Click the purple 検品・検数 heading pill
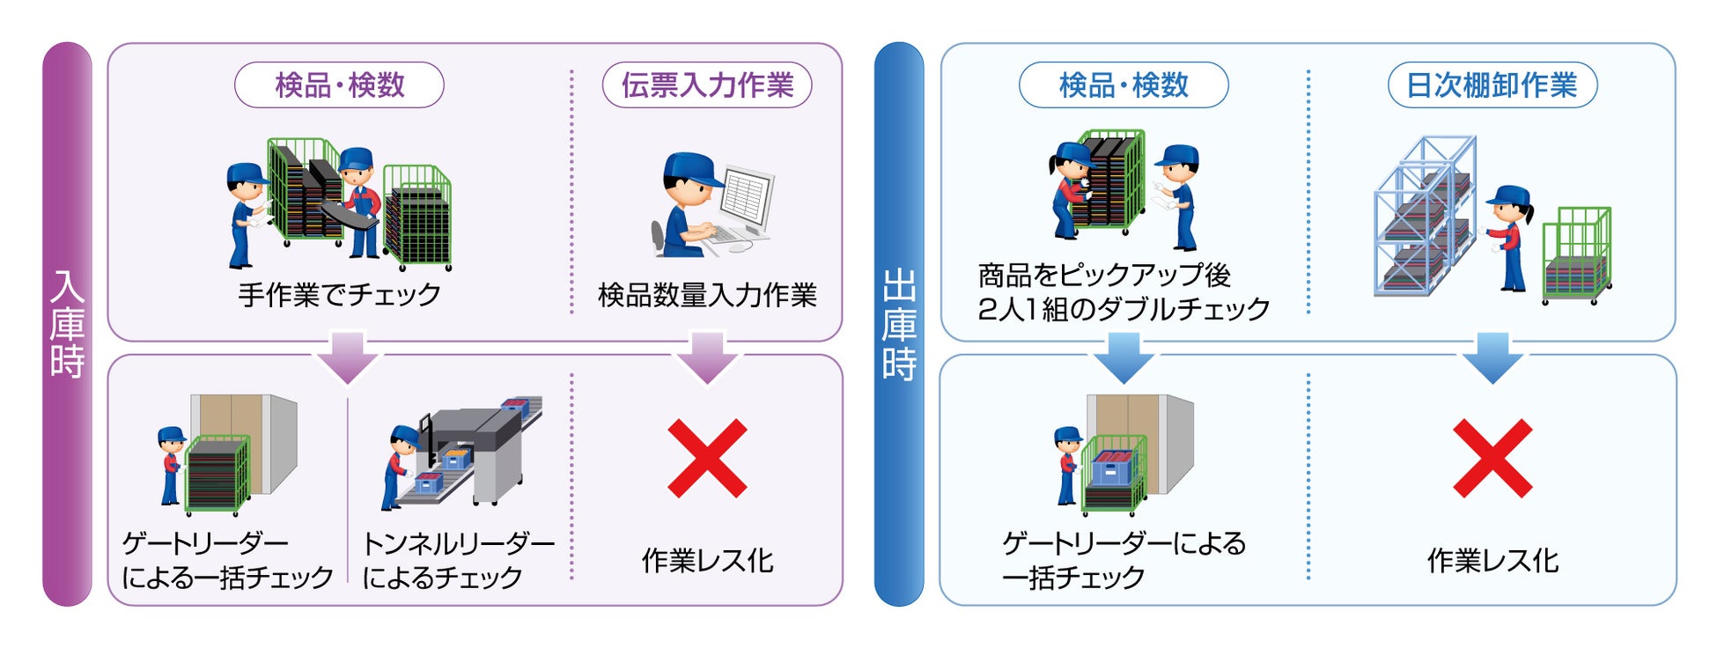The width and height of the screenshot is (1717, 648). tap(339, 85)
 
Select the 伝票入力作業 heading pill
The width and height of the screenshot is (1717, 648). tap(707, 85)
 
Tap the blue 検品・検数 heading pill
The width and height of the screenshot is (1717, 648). tap(1123, 85)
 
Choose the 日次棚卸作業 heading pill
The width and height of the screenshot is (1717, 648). tap(1492, 85)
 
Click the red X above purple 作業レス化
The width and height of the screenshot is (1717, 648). tap(707, 458)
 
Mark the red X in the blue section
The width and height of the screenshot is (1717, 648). tap(1492, 458)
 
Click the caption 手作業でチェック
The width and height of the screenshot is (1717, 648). tap(339, 294)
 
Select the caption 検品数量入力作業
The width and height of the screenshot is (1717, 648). tap(707, 294)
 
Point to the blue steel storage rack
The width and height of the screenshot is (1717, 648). tap(1424, 216)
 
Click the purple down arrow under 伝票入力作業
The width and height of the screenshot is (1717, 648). tap(707, 357)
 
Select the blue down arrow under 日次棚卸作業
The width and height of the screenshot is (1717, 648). tap(1492, 357)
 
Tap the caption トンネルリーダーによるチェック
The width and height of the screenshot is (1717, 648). tap(458, 560)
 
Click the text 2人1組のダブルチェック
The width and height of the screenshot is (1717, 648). tap(1124, 309)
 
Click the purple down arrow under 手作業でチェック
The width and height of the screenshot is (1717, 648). tap(348, 357)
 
